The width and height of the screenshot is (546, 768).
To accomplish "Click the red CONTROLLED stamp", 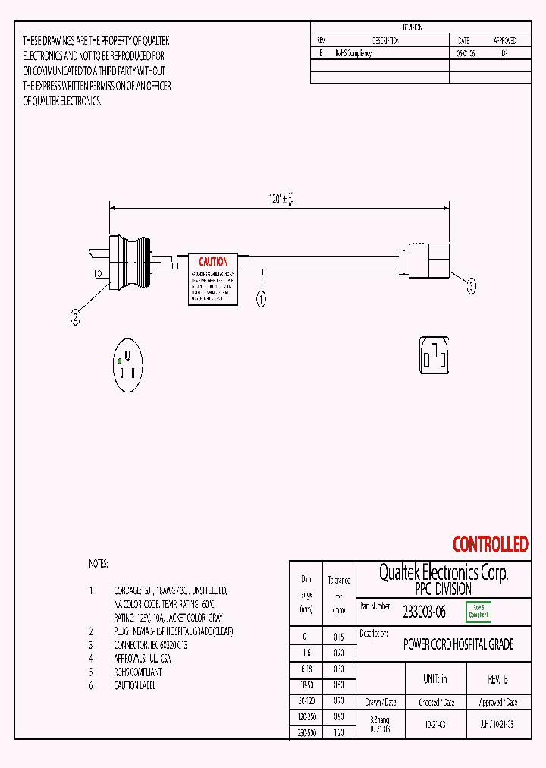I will (x=490, y=544).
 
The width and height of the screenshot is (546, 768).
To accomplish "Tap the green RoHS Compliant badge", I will (x=479, y=611).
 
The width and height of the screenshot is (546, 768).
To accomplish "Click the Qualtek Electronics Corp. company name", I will (x=444, y=572).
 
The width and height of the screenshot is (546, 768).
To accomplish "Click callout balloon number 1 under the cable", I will (x=261, y=299).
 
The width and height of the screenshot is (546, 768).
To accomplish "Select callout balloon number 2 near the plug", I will (x=75, y=319).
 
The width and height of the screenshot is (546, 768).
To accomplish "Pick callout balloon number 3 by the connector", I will (x=471, y=286).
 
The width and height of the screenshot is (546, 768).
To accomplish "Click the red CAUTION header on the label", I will (x=213, y=262).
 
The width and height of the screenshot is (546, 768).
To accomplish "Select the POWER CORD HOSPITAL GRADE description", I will (x=458, y=644).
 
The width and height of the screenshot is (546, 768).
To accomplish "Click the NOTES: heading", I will (x=99, y=564).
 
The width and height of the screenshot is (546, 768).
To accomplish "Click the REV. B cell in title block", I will (x=497, y=679).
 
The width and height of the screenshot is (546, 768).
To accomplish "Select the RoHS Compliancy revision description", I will (x=353, y=54).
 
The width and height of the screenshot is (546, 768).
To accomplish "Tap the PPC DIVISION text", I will (x=444, y=589).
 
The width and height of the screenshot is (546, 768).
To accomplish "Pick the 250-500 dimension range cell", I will (x=306, y=733).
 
